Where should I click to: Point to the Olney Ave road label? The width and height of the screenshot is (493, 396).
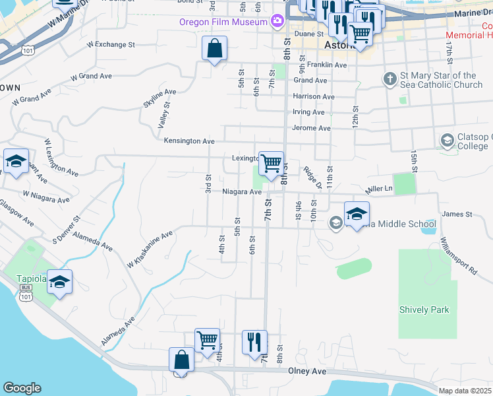(307, 372)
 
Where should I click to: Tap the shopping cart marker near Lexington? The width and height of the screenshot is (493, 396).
(271, 163)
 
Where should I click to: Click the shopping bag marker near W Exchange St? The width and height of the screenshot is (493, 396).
(215, 48)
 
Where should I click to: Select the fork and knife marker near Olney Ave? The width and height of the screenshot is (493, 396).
(254, 342)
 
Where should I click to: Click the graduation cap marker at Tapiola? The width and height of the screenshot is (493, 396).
(60, 282)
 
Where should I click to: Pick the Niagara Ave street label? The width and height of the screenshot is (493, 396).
(242, 192)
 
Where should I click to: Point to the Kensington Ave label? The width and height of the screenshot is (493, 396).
(189, 141)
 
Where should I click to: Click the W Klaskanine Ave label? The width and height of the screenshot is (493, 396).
(150, 248)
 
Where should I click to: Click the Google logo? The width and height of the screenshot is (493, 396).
(22, 388)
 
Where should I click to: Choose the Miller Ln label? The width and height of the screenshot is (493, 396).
(379, 189)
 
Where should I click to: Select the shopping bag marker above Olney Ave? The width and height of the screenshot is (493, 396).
(182, 360)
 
